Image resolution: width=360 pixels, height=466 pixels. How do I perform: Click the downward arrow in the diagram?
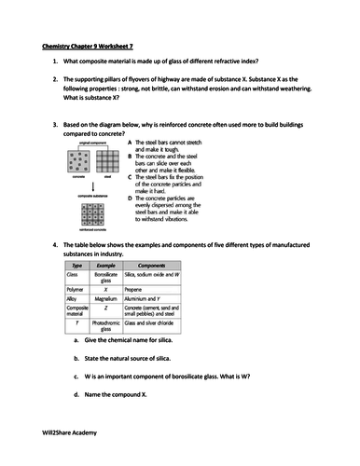pyautogui.click(x=91, y=185)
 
